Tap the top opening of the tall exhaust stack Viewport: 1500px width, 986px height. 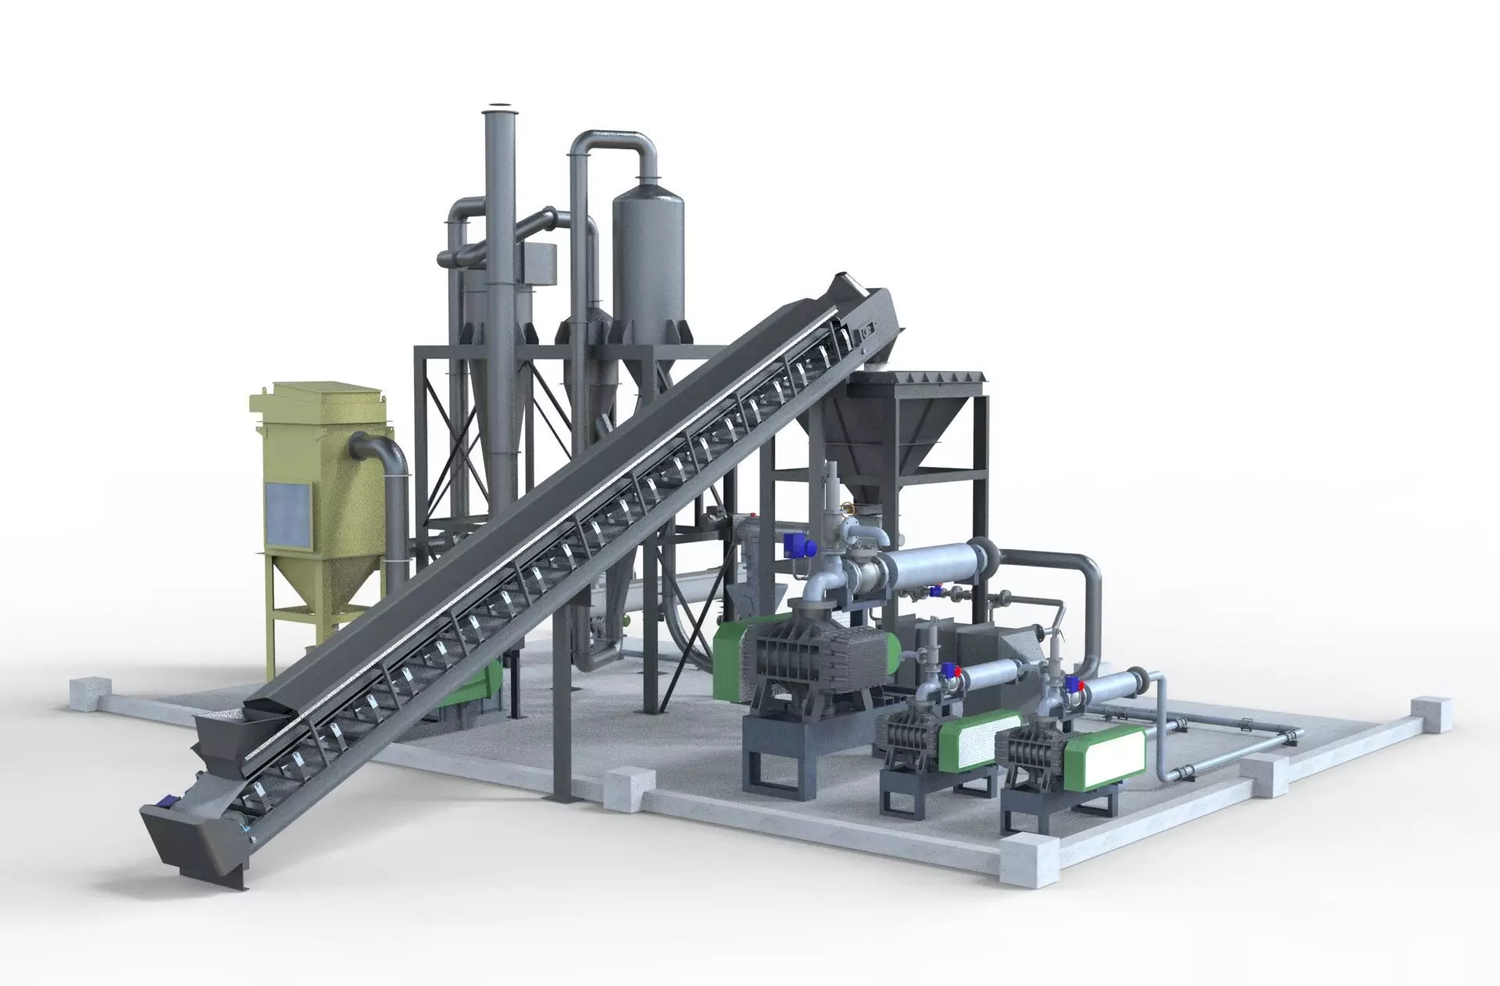tap(497, 108)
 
